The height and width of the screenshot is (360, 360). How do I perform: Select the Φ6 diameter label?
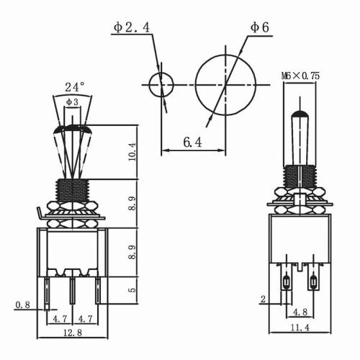[259, 27]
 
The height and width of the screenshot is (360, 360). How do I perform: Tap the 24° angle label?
[74, 86]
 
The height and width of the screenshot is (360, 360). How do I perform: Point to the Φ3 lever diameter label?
[73, 102]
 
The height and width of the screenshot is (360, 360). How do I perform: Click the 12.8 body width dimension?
[72, 332]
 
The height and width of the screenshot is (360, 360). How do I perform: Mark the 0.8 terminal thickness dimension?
[23, 305]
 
